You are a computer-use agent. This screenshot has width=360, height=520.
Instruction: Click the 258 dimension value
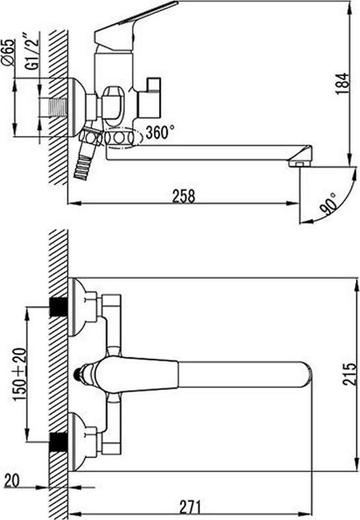(183, 196)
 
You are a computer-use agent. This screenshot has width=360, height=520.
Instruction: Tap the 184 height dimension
(342, 84)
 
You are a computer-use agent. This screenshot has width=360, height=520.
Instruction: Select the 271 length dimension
(190, 507)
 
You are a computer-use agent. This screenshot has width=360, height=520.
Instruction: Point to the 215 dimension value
(349, 374)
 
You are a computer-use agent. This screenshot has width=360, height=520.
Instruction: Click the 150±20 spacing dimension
(20, 374)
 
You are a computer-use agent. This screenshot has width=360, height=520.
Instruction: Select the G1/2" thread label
(32, 51)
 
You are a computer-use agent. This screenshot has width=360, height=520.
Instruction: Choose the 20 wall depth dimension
(12, 480)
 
